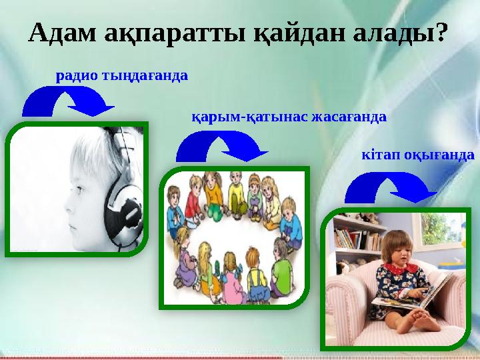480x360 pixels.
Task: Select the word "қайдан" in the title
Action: [302, 31]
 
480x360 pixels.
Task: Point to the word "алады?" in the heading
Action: [403, 31]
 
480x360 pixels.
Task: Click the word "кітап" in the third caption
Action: [379, 155]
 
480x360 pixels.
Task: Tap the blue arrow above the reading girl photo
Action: [389, 187]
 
